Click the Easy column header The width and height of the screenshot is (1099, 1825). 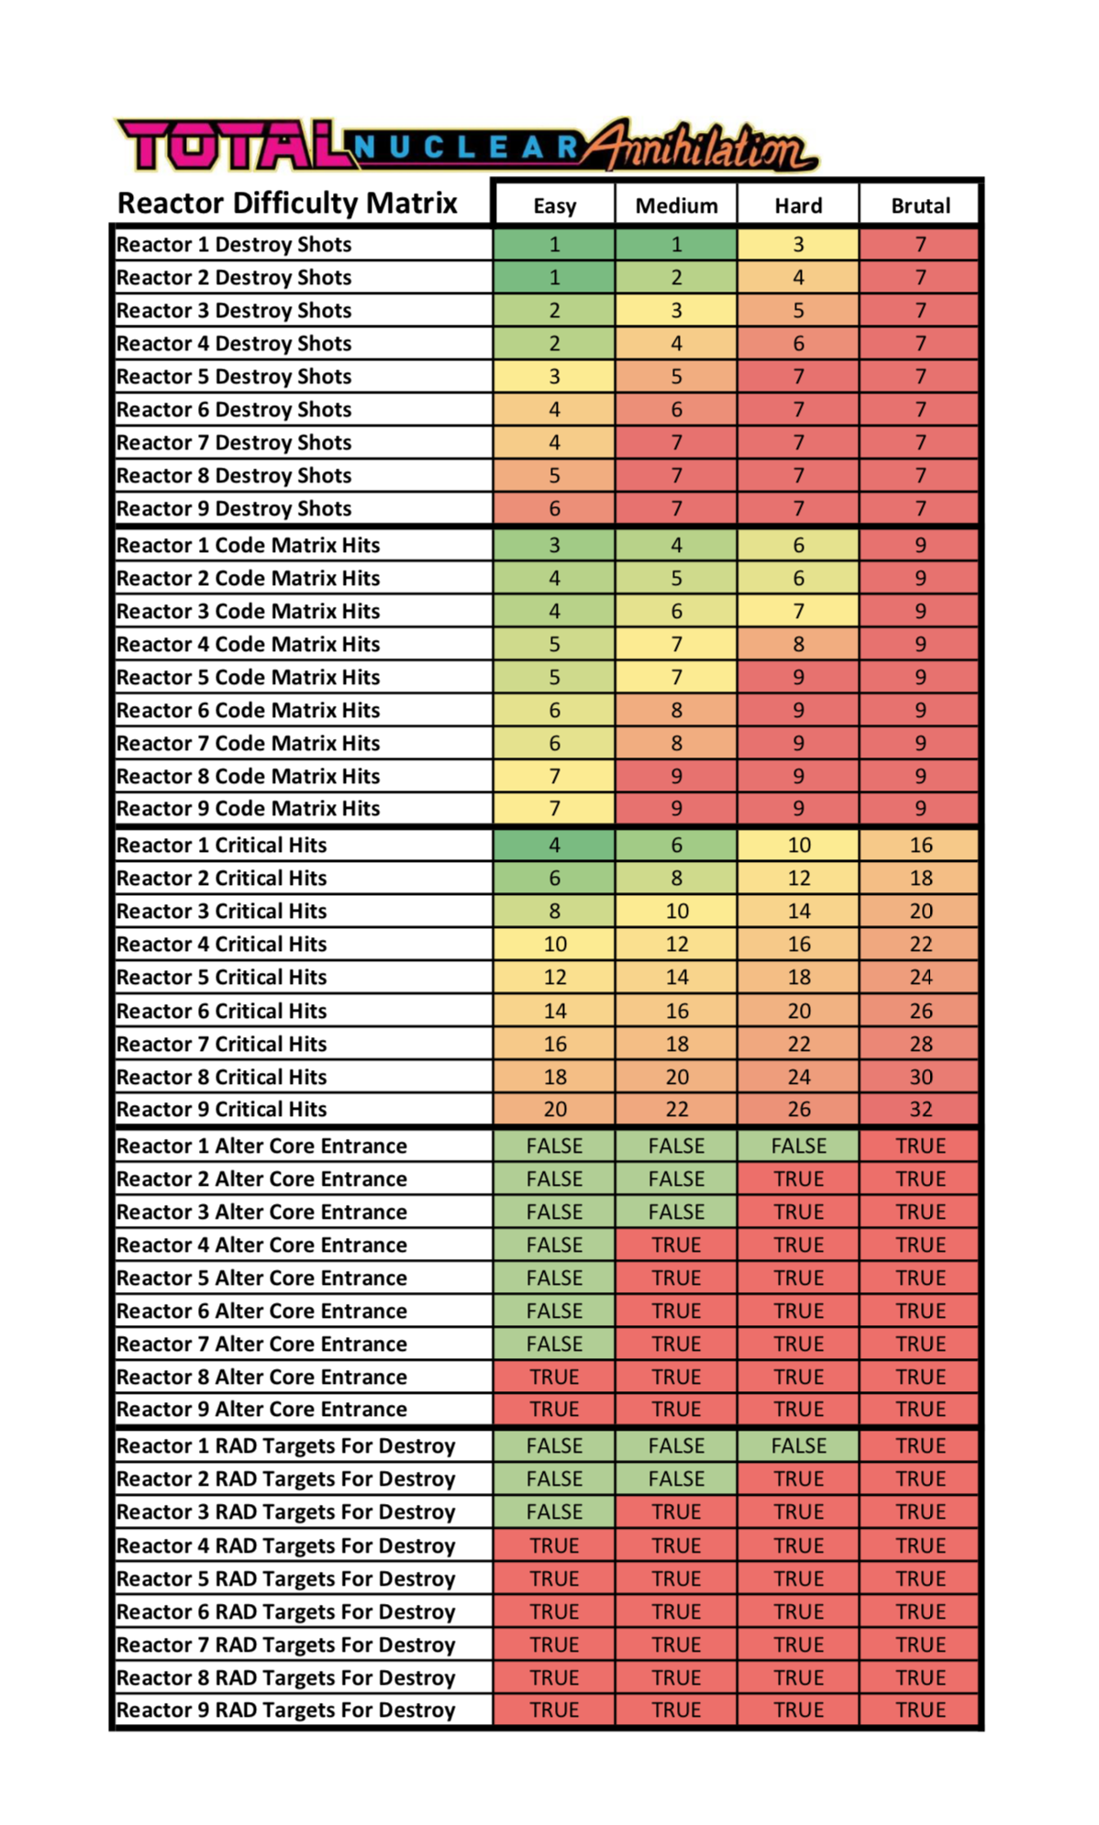555,205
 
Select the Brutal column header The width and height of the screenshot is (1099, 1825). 920,205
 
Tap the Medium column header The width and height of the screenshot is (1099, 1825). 676,205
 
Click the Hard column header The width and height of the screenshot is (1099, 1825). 798,205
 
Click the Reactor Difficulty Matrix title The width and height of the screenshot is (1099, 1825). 287,203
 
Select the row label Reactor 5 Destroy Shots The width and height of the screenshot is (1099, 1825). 234,376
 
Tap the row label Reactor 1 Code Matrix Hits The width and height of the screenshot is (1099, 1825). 248,545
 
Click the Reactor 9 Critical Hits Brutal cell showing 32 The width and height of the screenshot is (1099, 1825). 920,1109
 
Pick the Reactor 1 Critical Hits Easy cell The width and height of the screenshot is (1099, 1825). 554,845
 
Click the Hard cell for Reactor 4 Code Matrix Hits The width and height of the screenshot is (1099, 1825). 798,644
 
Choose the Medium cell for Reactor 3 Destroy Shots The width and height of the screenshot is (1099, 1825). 676,310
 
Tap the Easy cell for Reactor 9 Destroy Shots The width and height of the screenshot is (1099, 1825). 554,508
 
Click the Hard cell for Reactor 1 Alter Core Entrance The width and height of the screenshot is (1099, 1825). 798,1145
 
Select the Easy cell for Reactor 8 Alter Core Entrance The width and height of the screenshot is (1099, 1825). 554,1377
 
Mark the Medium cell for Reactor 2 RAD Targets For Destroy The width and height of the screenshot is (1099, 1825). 676,1478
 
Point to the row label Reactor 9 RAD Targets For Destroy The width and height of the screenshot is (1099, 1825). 285,1709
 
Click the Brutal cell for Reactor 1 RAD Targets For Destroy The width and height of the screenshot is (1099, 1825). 920,1445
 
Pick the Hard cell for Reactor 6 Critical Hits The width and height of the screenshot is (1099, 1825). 798,1011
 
